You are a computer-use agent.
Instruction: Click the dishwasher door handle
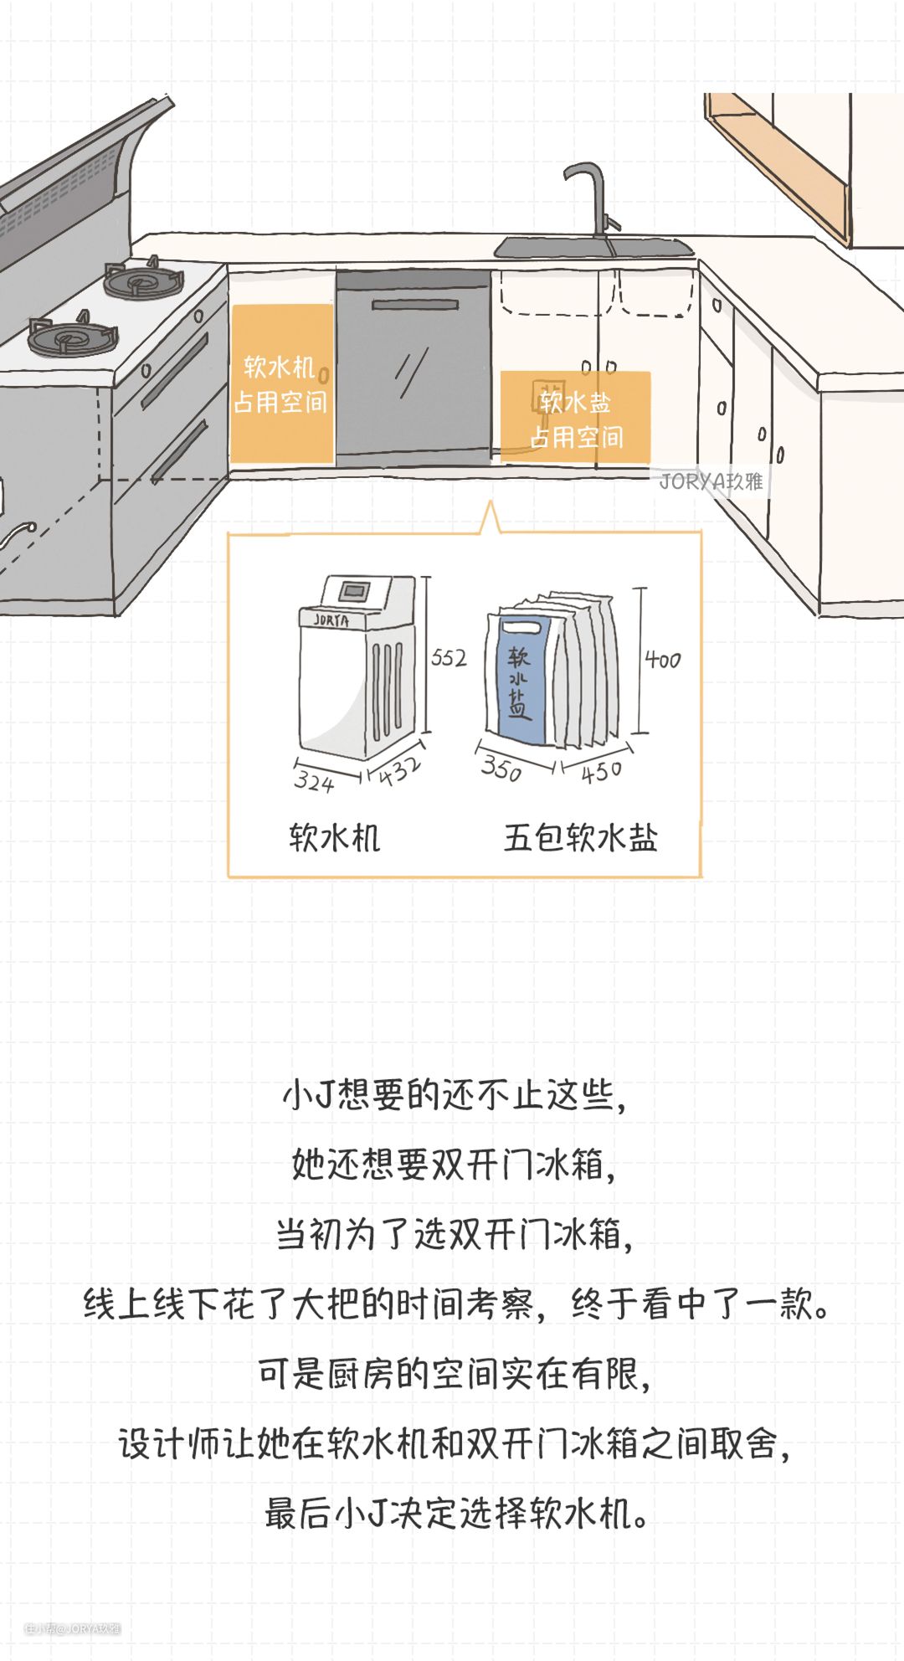click(415, 304)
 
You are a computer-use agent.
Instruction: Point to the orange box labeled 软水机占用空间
click(281, 384)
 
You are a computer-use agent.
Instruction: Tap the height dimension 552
click(449, 658)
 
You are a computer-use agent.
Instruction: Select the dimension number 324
click(314, 782)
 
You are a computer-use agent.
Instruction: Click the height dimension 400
click(662, 661)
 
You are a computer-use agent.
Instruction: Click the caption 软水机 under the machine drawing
click(334, 837)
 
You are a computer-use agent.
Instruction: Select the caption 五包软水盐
click(580, 837)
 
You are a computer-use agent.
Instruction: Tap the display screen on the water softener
click(355, 591)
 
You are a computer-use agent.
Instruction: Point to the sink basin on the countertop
click(593, 248)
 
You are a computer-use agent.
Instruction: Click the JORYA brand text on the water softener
click(331, 620)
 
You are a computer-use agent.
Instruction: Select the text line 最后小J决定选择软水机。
click(457, 1514)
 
